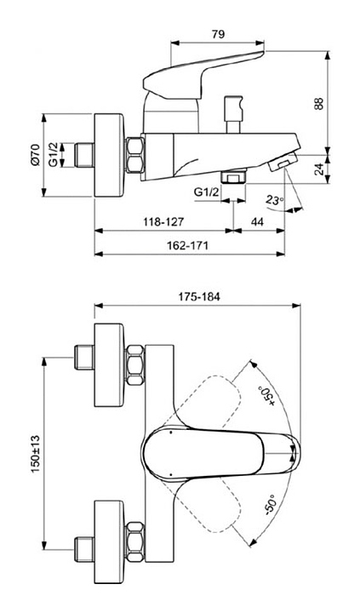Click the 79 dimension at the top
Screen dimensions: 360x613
click(x=218, y=34)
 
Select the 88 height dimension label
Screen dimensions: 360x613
click(x=319, y=104)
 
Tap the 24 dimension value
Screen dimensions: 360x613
click(x=319, y=169)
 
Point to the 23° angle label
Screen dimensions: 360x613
click(x=274, y=201)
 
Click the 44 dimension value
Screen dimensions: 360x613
click(x=257, y=222)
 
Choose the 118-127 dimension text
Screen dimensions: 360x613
click(x=163, y=222)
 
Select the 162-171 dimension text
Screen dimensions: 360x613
click(x=187, y=245)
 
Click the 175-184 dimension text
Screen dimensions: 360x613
click(x=199, y=296)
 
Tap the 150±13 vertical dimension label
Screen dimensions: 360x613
click(x=36, y=453)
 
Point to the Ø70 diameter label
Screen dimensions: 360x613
click(x=35, y=155)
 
